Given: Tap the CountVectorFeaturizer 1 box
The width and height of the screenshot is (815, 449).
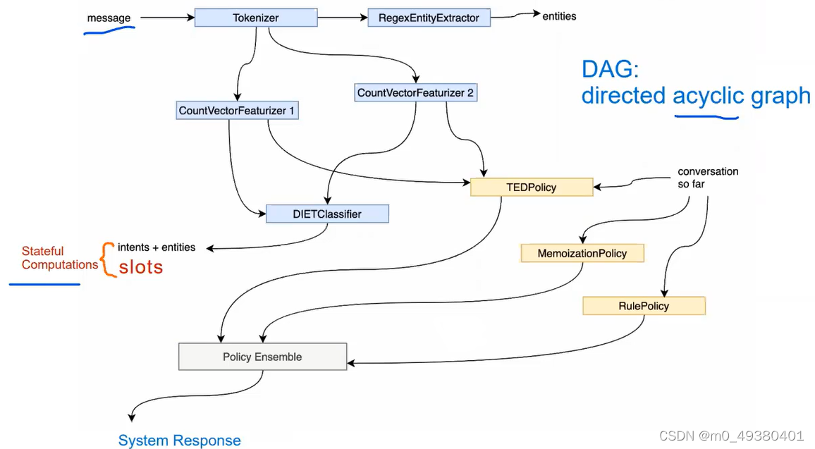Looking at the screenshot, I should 236,110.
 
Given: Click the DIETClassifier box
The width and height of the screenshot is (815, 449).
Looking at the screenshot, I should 327,213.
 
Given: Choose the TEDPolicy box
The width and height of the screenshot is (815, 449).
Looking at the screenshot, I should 531,187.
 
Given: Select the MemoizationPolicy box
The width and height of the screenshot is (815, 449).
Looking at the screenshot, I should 582,252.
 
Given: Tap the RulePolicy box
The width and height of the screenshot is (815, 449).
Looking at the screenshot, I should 644,305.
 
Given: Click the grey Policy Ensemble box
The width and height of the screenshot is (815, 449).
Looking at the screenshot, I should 262,357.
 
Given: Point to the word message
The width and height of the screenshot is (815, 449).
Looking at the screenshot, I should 109,18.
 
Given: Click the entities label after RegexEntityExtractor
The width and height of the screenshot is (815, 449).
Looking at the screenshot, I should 559,16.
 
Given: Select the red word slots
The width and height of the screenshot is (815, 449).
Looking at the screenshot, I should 140,267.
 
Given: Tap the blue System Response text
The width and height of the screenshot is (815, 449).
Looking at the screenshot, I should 179,441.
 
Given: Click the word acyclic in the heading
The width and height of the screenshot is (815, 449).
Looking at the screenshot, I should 708,95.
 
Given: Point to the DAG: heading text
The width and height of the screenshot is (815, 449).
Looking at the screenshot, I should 609,69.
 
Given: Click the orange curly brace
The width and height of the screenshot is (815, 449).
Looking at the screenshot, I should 108,259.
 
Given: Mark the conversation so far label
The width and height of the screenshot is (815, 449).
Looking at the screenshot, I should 707,178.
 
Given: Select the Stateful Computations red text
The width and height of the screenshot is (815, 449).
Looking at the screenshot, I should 59,258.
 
